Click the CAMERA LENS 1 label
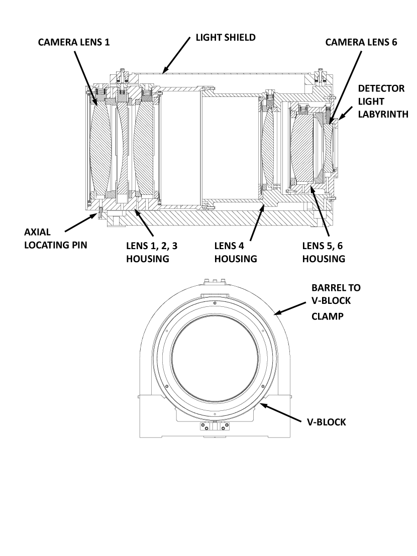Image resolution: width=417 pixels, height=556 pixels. [74, 43]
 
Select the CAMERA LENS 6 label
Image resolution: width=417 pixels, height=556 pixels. [361, 43]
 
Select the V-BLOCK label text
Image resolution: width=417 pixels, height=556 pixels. [326, 422]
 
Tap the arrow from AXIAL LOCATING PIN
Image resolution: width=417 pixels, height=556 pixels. [81, 224]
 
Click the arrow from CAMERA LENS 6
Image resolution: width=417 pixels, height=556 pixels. [343, 85]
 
